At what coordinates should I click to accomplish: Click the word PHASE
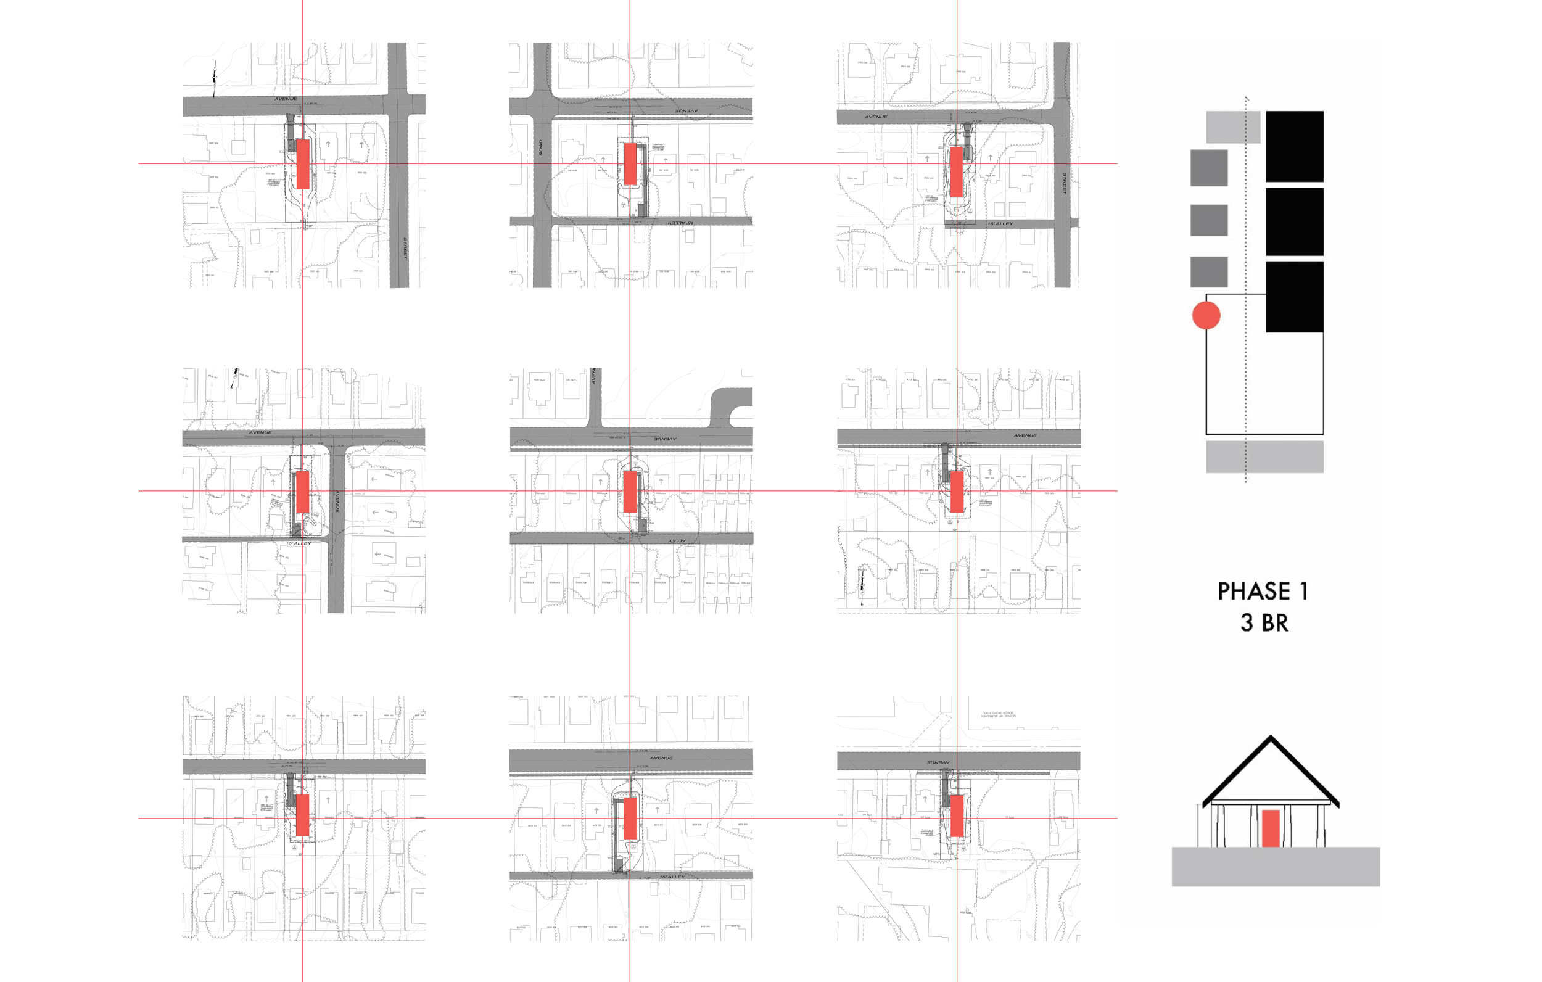tap(1253, 592)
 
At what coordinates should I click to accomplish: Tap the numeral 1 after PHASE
tap(1303, 592)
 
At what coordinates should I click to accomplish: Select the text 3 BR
tap(1264, 622)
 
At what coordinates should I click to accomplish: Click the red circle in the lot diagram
tap(1206, 315)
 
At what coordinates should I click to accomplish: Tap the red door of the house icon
tap(1271, 828)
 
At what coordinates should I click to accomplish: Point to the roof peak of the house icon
tap(1271, 738)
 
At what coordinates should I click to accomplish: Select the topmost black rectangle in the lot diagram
tap(1295, 146)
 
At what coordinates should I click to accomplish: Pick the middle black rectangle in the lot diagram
tap(1295, 221)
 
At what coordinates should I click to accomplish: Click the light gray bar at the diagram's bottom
tap(1264, 456)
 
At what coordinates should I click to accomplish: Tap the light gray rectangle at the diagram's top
tap(1234, 128)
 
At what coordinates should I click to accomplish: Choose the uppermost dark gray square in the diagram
tap(1209, 168)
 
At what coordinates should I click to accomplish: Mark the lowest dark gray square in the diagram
tap(1209, 271)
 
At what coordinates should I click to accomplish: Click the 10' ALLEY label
tap(299, 543)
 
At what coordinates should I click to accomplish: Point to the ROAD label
tap(540, 147)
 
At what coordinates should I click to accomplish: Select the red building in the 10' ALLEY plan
tap(303, 492)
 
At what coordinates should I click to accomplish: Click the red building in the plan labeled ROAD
tap(630, 164)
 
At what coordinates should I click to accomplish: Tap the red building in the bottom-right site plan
tap(957, 816)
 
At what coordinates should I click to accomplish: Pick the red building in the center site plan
tap(630, 492)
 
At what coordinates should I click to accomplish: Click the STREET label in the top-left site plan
tap(405, 248)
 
